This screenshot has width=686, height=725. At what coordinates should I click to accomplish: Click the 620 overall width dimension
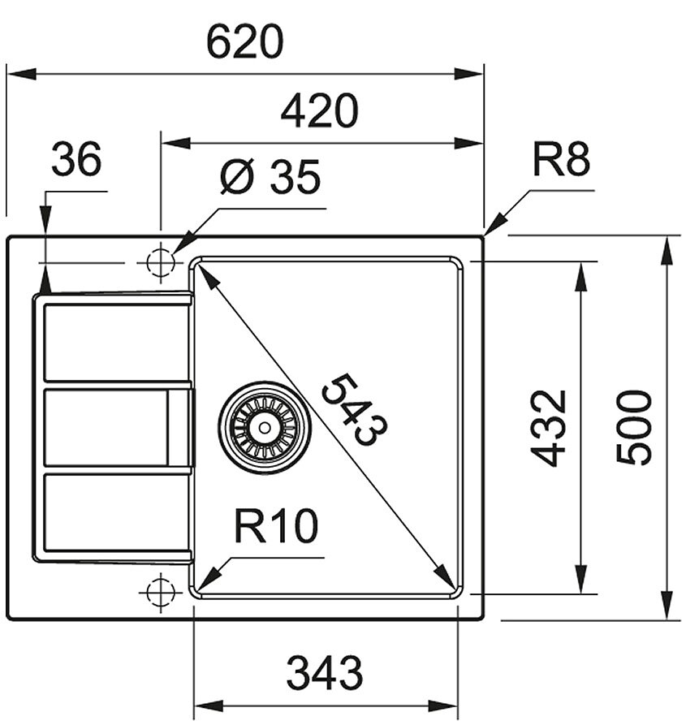pyautogui.click(x=244, y=42)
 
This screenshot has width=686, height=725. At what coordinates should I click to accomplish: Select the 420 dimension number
pyautogui.click(x=319, y=111)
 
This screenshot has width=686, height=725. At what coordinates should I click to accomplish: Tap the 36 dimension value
pyautogui.click(x=76, y=159)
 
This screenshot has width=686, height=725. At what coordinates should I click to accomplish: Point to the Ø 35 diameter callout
pyautogui.click(x=270, y=176)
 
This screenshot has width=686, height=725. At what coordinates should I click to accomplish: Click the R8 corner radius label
pyautogui.click(x=561, y=159)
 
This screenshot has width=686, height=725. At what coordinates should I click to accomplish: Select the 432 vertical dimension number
pyautogui.click(x=548, y=428)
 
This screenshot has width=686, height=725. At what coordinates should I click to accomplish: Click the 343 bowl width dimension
pyautogui.click(x=325, y=673)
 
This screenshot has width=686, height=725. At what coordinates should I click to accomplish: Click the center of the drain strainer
pyautogui.click(x=265, y=428)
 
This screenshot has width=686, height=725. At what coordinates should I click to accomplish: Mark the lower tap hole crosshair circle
pyautogui.click(x=161, y=591)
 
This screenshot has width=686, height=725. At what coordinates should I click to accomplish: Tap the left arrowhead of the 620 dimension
pyautogui.click(x=22, y=74)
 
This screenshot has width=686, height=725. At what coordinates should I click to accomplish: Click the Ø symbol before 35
pyautogui.click(x=238, y=177)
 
